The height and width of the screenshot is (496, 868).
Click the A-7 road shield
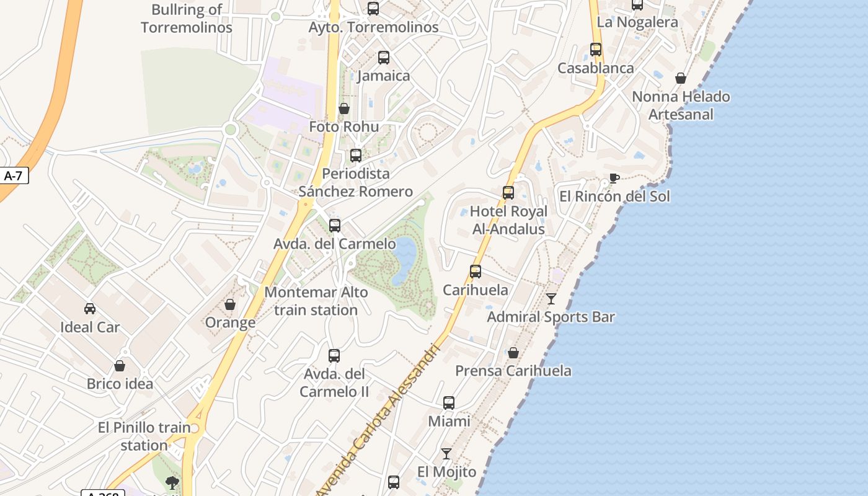pos(13,175)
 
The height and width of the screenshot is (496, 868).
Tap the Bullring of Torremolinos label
pos(187,19)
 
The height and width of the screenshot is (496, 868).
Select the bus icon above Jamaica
pos(384,58)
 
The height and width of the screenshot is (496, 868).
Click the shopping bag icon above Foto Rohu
pos(344,109)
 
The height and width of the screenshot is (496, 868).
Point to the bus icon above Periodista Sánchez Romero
pos(356,156)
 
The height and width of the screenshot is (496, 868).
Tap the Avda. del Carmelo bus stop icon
pos(335,226)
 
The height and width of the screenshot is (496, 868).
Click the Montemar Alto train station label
pos(316,301)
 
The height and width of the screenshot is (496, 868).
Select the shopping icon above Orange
pos(230,304)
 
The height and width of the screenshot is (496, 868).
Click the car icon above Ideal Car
pos(90,308)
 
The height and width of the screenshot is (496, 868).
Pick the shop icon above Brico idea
pos(120,366)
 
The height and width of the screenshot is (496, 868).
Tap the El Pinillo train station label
pos(144,436)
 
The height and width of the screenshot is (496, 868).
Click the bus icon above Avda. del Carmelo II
pos(334,356)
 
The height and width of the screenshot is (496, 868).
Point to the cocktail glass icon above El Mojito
pos(446,454)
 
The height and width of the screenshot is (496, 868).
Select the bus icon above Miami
pos(449,403)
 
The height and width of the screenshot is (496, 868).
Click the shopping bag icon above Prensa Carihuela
pos(513,353)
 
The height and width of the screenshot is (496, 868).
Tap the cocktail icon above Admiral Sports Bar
pos(551,299)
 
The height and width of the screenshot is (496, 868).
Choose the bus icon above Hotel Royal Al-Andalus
pos(508,193)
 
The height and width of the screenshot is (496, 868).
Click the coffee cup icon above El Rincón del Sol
pos(614,179)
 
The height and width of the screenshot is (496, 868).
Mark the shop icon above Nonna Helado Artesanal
pos(681,78)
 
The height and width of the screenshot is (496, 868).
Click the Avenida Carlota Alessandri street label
pos(379,422)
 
